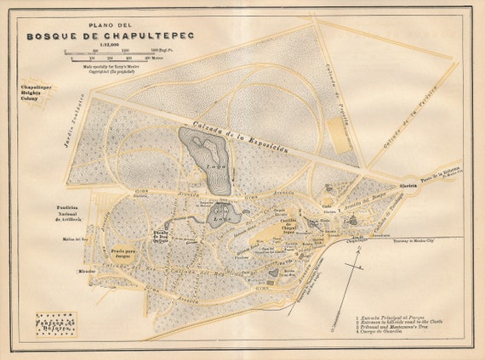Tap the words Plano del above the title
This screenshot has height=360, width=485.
(95, 25)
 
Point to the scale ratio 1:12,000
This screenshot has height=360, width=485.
(95, 47)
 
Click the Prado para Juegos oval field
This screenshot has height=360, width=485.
(126, 254)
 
